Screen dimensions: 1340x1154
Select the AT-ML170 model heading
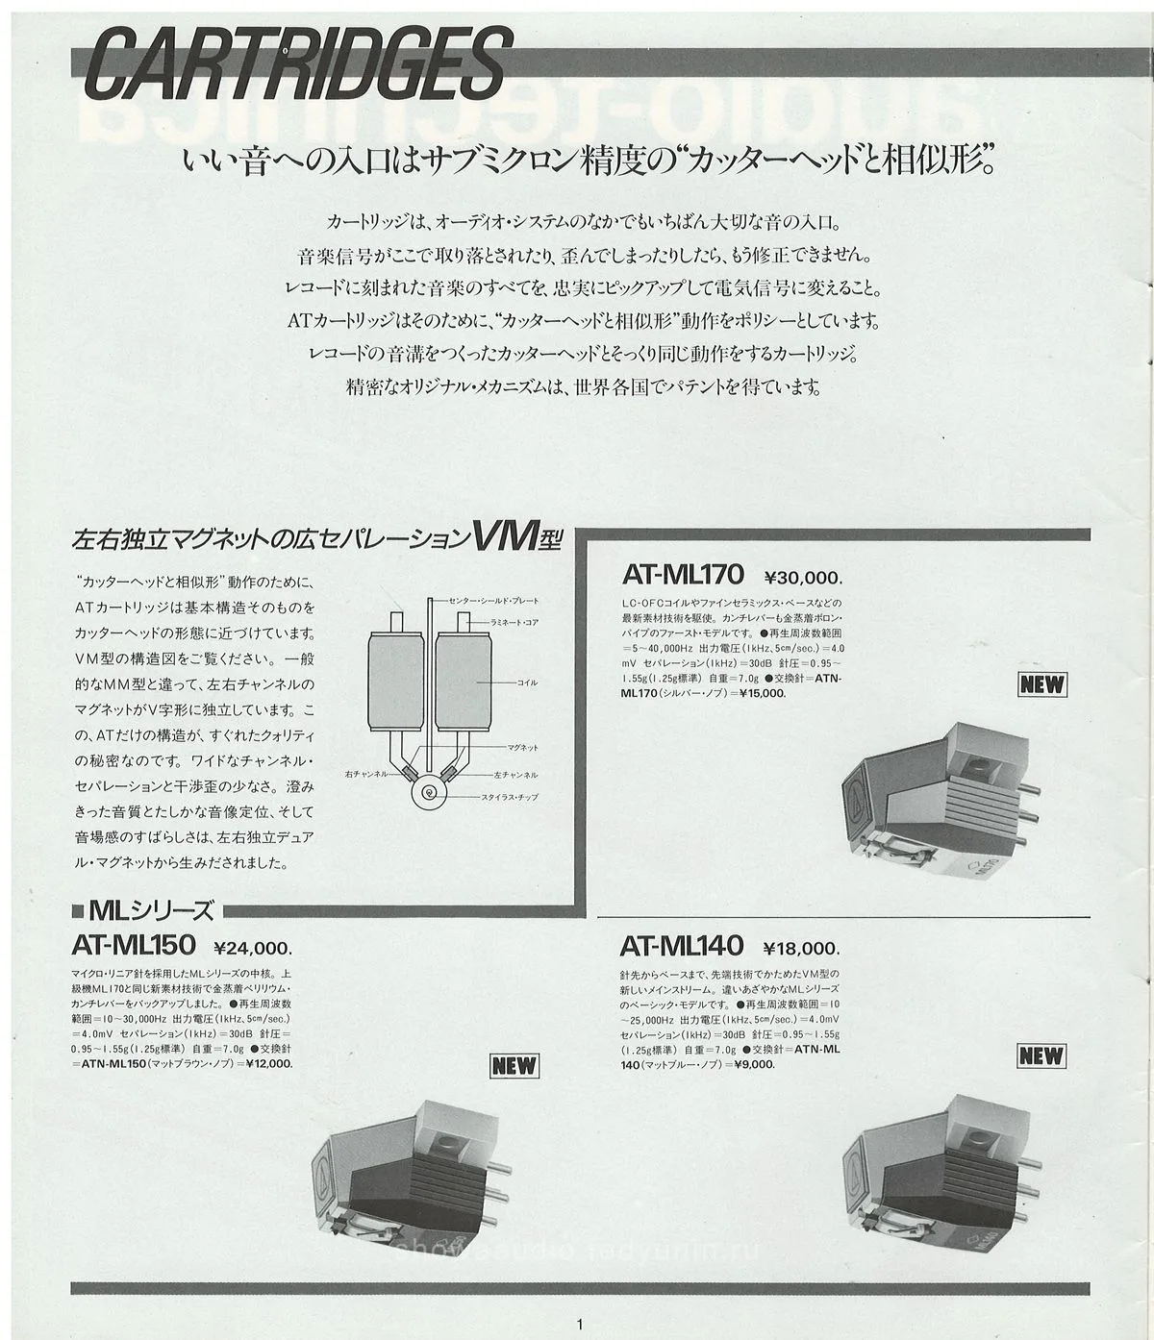point(683,575)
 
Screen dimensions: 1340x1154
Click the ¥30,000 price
point(803,578)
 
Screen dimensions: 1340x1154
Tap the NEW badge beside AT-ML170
point(1042,684)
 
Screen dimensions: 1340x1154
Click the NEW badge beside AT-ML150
point(514,1065)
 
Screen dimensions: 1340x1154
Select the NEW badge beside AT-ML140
point(1041,1055)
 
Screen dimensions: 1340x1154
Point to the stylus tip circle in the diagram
point(427,794)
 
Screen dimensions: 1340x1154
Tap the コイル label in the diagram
point(527,682)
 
